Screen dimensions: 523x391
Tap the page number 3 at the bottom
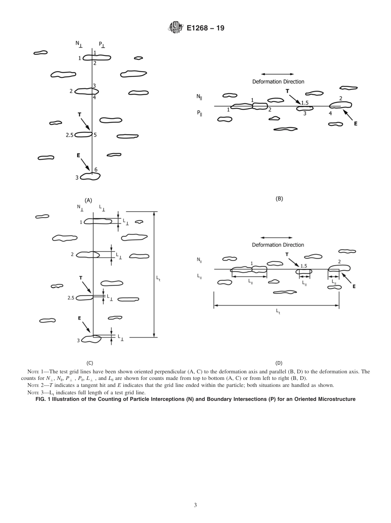click(x=195, y=505)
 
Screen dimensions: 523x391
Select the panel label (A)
click(x=88, y=200)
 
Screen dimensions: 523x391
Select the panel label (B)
click(x=279, y=199)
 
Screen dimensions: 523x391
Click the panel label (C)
click(x=90, y=363)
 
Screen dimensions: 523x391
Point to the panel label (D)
click(x=279, y=363)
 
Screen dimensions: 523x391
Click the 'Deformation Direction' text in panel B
click(x=278, y=82)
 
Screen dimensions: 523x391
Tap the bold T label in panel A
click(x=79, y=115)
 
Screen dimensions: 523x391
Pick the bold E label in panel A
click(x=78, y=155)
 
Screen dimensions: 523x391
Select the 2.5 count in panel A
click(x=70, y=134)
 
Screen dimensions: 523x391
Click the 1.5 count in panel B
click(x=305, y=102)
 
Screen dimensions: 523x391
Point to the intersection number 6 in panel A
click(x=96, y=169)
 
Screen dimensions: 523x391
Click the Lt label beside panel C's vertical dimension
click(x=158, y=278)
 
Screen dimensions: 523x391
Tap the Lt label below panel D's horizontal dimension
click(x=278, y=312)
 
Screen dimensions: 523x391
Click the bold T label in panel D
click(x=287, y=255)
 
